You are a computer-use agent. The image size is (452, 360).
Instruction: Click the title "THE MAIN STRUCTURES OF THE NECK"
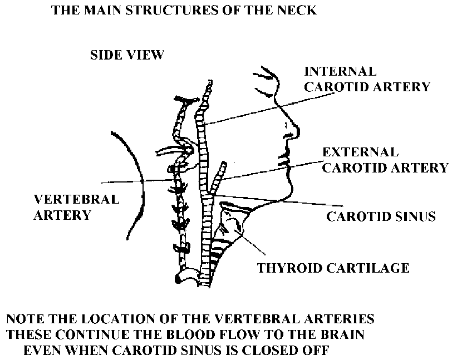(184, 11)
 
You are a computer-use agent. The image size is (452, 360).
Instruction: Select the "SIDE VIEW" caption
(127, 55)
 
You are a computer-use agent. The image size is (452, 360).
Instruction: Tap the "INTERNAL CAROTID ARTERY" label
(367, 79)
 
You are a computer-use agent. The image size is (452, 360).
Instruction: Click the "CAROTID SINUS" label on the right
(381, 216)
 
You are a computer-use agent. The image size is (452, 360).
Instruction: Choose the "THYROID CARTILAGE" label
(333, 268)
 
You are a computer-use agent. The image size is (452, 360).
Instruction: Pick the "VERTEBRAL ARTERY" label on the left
(77, 207)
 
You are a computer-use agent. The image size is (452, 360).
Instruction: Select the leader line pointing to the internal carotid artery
(267, 109)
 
